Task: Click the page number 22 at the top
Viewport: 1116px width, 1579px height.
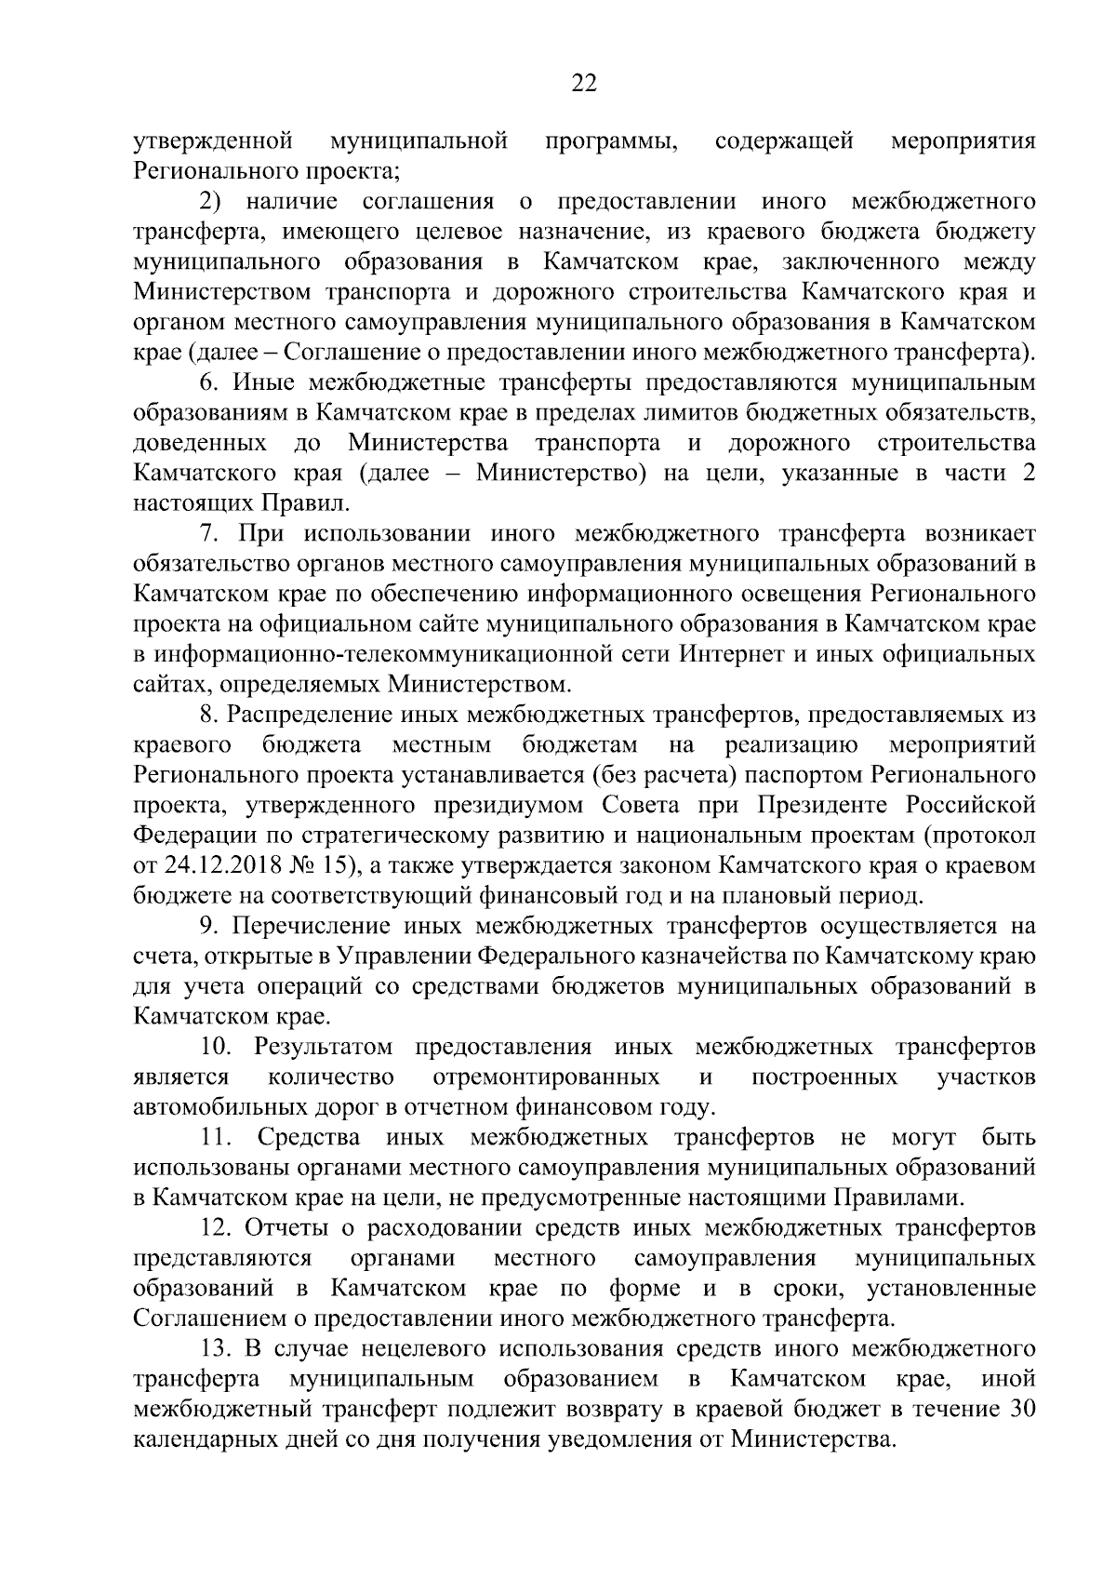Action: point(583,85)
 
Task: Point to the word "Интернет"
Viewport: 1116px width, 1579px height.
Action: point(726,655)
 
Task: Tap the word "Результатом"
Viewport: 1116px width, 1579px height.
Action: point(323,1047)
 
